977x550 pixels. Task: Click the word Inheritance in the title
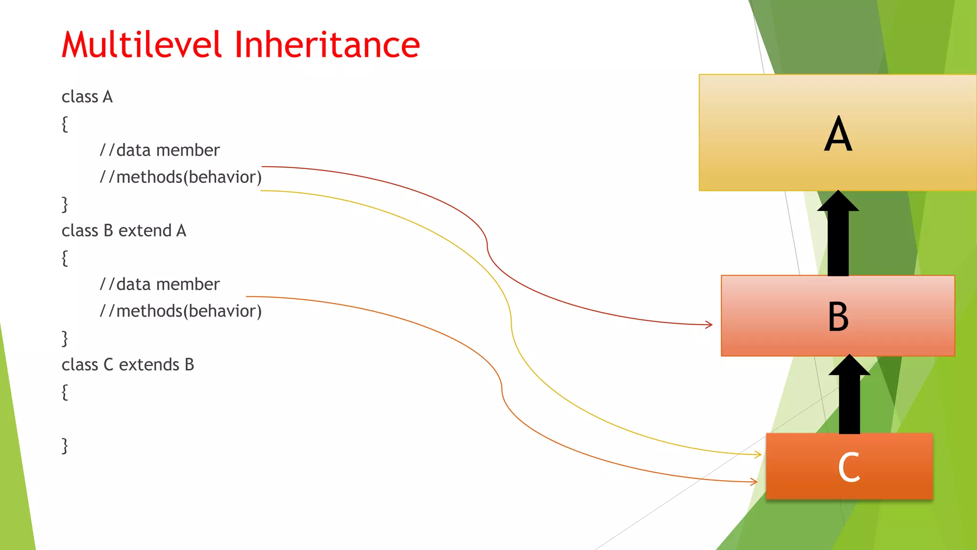[x=327, y=45]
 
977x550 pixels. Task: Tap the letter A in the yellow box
[x=838, y=135]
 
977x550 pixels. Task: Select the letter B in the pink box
[x=838, y=317]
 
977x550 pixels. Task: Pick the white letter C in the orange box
[x=849, y=467]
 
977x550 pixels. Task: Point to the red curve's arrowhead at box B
[x=709, y=325]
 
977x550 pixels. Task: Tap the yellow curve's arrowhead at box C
[x=758, y=454]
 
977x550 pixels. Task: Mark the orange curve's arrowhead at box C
[x=754, y=482]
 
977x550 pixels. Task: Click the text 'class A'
[x=87, y=97]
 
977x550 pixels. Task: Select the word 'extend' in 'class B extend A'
[x=145, y=231]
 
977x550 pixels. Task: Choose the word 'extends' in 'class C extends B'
[x=149, y=365]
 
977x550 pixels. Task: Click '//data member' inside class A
[x=159, y=150]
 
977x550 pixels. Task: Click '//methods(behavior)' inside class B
[x=180, y=311]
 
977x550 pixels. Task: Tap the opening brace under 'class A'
[x=65, y=124]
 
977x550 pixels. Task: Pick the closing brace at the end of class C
[x=65, y=445]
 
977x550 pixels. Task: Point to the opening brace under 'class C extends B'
[x=65, y=392]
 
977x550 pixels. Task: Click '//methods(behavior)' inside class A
[x=180, y=177]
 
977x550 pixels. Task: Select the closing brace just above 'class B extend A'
[x=65, y=204]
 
